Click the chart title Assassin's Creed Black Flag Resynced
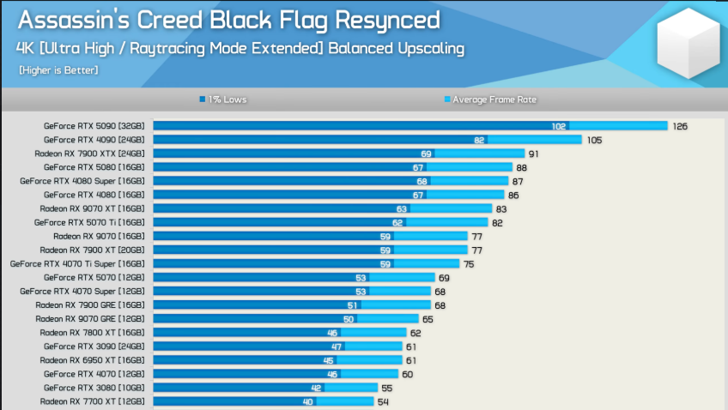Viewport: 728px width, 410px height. [x=229, y=21]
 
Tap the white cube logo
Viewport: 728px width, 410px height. [x=688, y=43]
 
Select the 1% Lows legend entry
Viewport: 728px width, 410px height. [x=223, y=99]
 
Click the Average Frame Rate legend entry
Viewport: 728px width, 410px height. [x=490, y=99]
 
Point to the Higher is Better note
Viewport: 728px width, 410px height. [x=58, y=70]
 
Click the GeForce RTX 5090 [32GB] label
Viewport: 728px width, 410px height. [x=94, y=126]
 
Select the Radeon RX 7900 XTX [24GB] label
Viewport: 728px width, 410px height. [x=89, y=154]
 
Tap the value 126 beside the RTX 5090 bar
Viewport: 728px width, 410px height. [x=680, y=126]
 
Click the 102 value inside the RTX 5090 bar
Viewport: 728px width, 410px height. [x=559, y=126]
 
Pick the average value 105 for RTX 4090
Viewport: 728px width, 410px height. [x=594, y=140]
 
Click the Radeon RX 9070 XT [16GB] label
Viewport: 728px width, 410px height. [x=92, y=208]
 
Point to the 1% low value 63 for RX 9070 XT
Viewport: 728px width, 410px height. [x=401, y=209]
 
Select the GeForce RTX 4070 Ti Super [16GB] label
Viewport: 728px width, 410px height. [x=77, y=264]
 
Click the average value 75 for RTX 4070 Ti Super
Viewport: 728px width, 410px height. [x=469, y=264]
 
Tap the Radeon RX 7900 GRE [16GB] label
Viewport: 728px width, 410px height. [x=90, y=305]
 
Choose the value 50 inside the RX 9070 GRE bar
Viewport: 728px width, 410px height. [x=349, y=319]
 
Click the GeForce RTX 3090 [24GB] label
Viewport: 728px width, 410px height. [x=94, y=347]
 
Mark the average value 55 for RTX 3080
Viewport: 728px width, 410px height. [x=386, y=389]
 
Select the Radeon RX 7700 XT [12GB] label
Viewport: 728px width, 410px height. [x=92, y=401]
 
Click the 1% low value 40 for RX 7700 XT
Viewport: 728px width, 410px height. [x=308, y=401]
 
